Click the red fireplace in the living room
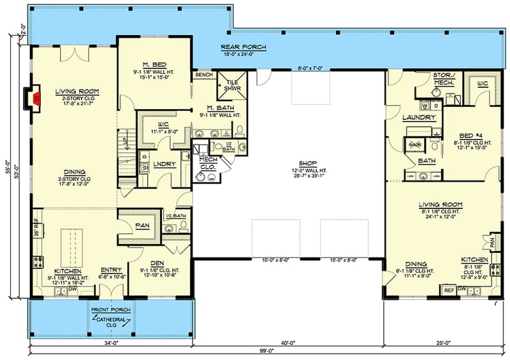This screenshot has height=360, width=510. pyautogui.click(x=38, y=98)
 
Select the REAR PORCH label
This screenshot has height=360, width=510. pyautogui.click(x=244, y=48)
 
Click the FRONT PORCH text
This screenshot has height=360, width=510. pyautogui.click(x=112, y=309)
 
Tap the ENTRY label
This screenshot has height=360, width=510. pyautogui.click(x=112, y=270)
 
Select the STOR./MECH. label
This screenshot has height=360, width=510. pyautogui.click(x=442, y=78)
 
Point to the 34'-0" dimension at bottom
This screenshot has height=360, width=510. pyautogui.click(x=112, y=343)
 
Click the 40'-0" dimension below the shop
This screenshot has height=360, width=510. pyautogui.click(x=288, y=343)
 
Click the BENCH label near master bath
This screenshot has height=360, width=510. pyautogui.click(x=204, y=75)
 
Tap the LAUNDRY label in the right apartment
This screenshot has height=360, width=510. pyautogui.click(x=419, y=118)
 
